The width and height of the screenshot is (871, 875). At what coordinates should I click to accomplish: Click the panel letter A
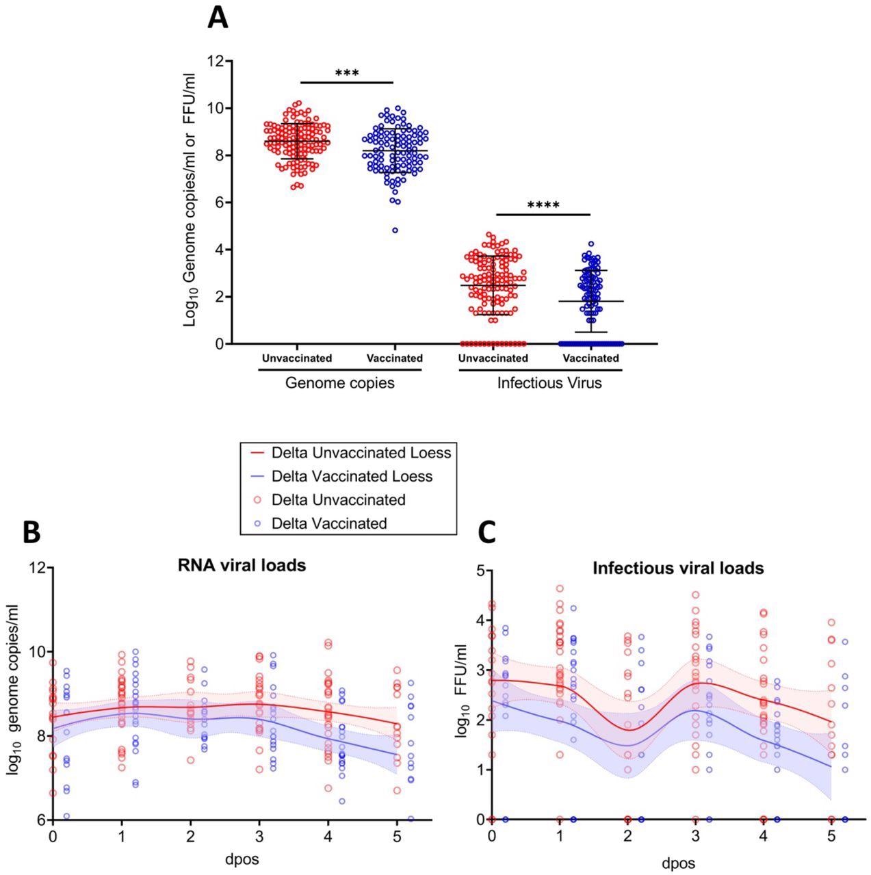click(218, 16)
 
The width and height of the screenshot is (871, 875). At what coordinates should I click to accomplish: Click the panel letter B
click(31, 532)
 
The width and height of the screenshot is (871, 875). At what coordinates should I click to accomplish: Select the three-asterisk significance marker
click(347, 73)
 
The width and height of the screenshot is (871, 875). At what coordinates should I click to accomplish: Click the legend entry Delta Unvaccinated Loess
click(361, 453)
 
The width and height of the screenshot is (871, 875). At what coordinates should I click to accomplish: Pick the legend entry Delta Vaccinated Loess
click(352, 476)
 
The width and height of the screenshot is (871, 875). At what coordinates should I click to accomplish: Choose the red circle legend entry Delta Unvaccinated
click(338, 499)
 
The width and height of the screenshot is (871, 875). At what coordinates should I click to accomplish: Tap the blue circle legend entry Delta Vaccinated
click(329, 523)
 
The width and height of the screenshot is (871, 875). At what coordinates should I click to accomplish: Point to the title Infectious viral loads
click(678, 568)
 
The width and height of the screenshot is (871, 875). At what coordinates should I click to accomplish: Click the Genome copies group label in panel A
click(340, 383)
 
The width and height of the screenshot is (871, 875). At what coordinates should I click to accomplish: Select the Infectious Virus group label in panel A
click(549, 383)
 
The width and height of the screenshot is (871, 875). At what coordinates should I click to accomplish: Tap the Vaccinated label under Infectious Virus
click(590, 358)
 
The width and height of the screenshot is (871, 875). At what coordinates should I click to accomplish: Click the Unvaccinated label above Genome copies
click(297, 358)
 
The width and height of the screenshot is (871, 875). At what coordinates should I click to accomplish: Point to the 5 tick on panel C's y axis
click(480, 571)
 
